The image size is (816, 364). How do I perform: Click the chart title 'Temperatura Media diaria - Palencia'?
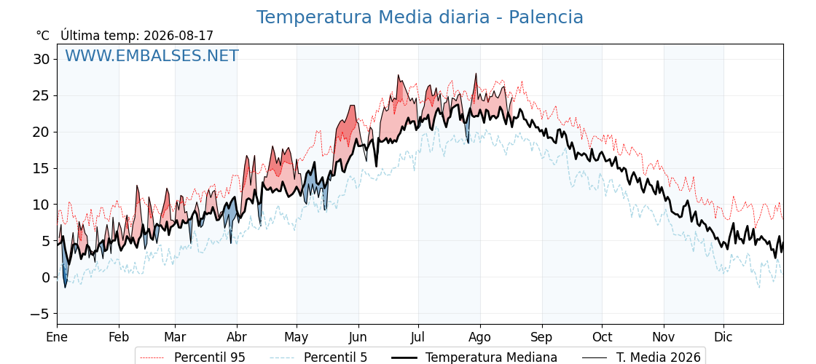point(420,17)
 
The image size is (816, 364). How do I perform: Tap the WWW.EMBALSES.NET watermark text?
point(152,55)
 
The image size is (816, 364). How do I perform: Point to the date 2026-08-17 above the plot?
point(178,36)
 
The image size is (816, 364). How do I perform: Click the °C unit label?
point(43,36)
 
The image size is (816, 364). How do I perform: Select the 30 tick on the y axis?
point(42,59)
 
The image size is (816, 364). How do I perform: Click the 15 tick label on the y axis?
point(42,168)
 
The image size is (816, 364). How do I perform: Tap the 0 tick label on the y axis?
point(46,277)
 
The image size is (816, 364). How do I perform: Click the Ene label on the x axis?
point(57,337)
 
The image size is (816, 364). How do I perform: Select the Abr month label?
point(237,337)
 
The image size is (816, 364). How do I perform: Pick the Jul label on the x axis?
point(418,337)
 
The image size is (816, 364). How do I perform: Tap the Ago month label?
point(479,337)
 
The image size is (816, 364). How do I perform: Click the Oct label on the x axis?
point(602,337)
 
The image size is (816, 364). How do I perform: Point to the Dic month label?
point(723,337)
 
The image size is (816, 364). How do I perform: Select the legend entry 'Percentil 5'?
point(319,357)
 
